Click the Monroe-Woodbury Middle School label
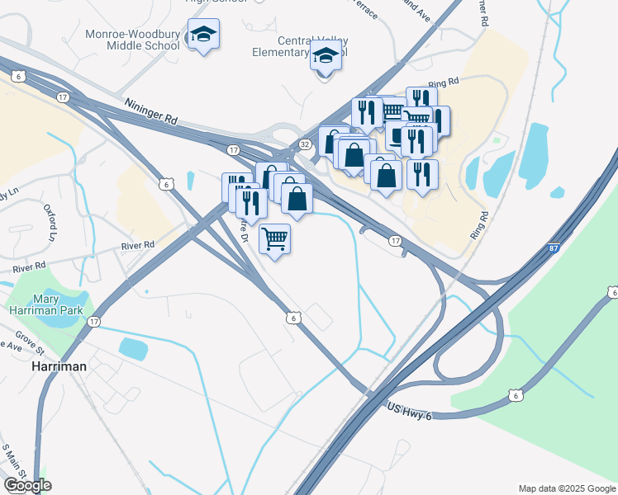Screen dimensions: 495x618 (x=132, y=40)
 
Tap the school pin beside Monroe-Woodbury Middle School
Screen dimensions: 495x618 (x=203, y=35)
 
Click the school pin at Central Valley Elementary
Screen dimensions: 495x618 (x=326, y=56)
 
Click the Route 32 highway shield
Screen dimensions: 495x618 (x=305, y=144)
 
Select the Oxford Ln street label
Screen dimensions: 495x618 (x=50, y=223)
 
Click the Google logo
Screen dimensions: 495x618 (x=27, y=485)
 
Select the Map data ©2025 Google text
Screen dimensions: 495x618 (x=566, y=488)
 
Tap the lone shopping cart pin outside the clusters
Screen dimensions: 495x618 (x=274, y=239)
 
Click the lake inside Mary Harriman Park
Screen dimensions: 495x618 (x=59, y=317)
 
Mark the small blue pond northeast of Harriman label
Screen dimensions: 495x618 (x=134, y=347)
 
